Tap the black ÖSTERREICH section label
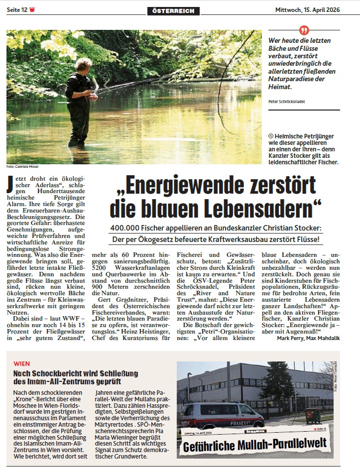pos(173,11)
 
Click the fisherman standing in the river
pos(80,100)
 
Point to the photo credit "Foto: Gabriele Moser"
pos(22,166)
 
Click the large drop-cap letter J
pos(9,185)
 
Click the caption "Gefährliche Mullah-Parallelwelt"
pos(255,443)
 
